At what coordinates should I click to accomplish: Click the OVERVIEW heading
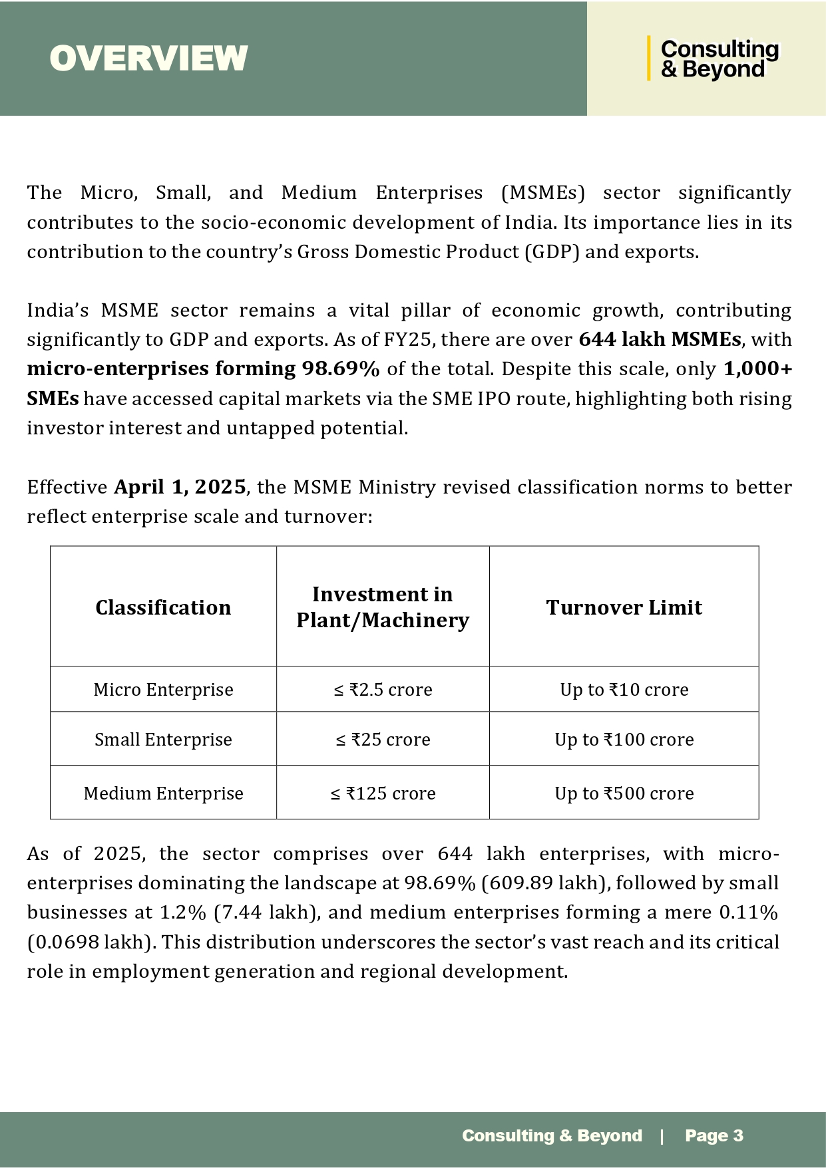pyautogui.click(x=148, y=59)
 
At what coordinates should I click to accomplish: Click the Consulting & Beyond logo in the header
pyautogui.click(x=719, y=59)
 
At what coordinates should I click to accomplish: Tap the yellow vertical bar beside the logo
pyautogui.click(x=649, y=59)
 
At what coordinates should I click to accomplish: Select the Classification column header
pyautogui.click(x=163, y=607)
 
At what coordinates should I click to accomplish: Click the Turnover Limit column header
pyautogui.click(x=624, y=607)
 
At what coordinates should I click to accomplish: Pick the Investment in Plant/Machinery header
pyautogui.click(x=383, y=607)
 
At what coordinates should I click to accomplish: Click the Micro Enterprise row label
pyautogui.click(x=163, y=690)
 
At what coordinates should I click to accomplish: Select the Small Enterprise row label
pyautogui.click(x=163, y=740)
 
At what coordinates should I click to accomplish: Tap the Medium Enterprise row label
pyautogui.click(x=163, y=794)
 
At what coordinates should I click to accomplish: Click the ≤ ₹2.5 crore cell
pyautogui.click(x=383, y=690)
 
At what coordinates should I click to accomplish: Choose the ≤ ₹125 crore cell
pyautogui.click(x=383, y=794)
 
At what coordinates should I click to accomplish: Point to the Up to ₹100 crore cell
pyautogui.click(x=624, y=740)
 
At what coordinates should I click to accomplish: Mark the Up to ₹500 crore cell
pyautogui.click(x=624, y=794)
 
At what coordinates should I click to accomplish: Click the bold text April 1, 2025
pyautogui.click(x=180, y=487)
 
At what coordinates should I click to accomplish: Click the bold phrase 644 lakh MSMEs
pyautogui.click(x=660, y=340)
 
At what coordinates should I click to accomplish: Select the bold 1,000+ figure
pyautogui.click(x=757, y=369)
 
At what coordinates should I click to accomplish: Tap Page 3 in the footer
pyautogui.click(x=714, y=1135)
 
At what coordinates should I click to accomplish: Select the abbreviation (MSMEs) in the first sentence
pyautogui.click(x=542, y=193)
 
